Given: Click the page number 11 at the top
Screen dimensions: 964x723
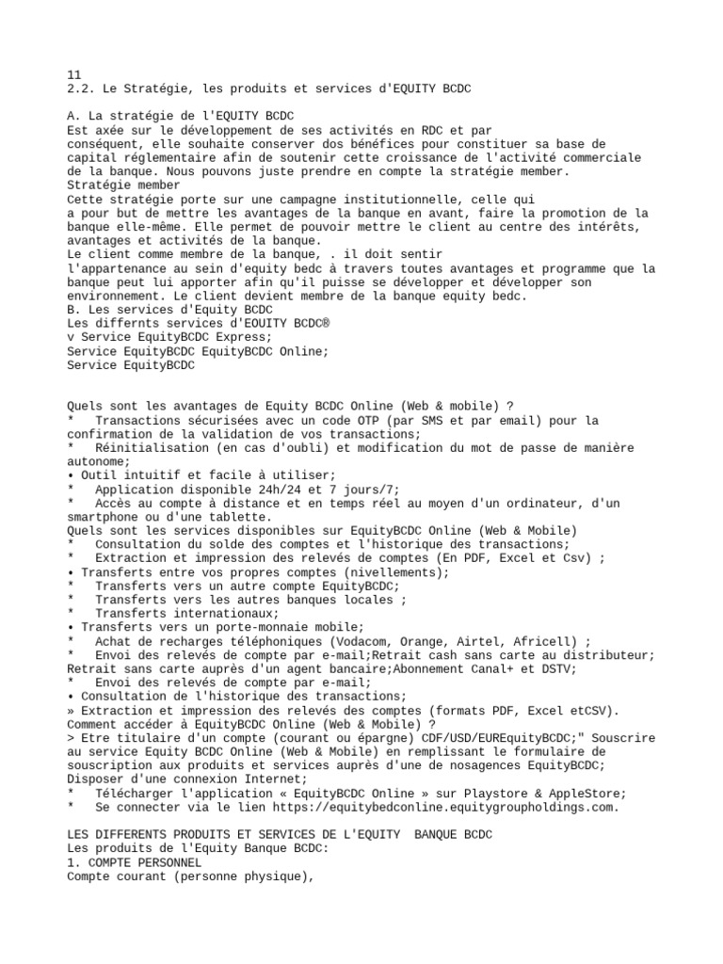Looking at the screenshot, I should coord(74,74).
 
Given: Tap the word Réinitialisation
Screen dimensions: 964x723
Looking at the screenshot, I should coord(154,448).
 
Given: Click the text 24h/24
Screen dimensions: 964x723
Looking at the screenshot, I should coord(281,490).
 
